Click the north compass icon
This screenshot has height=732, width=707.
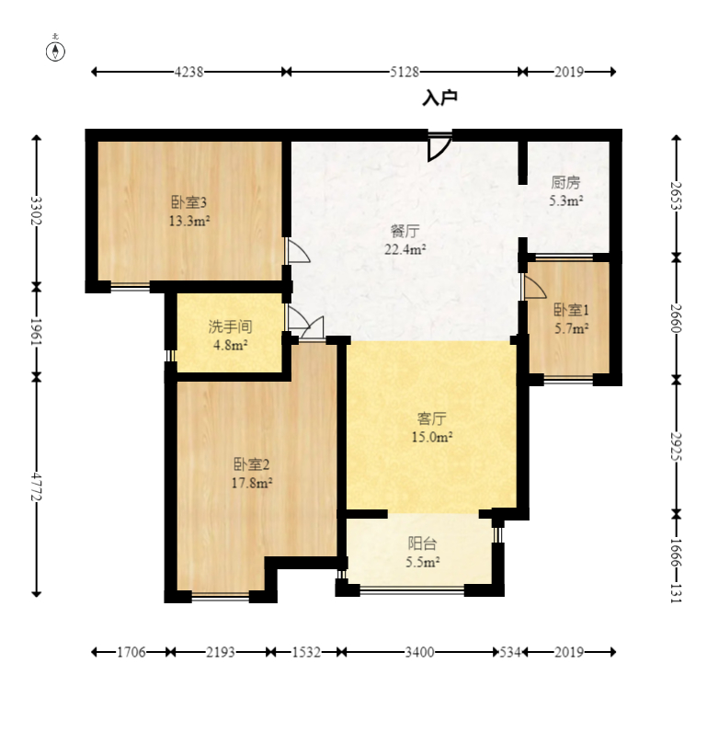pyautogui.click(x=55, y=51)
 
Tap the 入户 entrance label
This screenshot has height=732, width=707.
pyautogui.click(x=439, y=98)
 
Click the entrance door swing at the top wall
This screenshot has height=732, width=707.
pyautogui.click(x=439, y=147)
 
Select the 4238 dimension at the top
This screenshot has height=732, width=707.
pyautogui.click(x=188, y=72)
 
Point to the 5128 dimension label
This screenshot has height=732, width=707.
pyautogui.click(x=405, y=72)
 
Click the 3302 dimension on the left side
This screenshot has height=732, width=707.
pyautogui.click(x=37, y=211)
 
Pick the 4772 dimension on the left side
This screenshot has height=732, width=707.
pyautogui.click(x=37, y=487)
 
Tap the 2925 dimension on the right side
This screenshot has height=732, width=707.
pyautogui.click(x=676, y=446)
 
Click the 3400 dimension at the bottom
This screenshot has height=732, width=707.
pyautogui.click(x=419, y=652)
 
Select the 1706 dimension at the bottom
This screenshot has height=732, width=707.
pyautogui.click(x=131, y=652)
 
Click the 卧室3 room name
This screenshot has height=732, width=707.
pyautogui.click(x=189, y=202)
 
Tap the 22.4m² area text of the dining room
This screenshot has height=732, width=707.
pyautogui.click(x=405, y=249)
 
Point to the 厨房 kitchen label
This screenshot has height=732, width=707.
pyautogui.click(x=565, y=182)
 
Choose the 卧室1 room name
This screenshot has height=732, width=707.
pyautogui.click(x=571, y=310)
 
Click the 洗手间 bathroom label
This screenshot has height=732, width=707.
pyautogui.click(x=230, y=326)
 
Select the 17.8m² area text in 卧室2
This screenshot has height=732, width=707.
pyautogui.click(x=252, y=483)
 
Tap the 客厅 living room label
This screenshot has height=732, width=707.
pyautogui.click(x=432, y=418)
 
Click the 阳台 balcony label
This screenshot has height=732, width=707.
pyautogui.click(x=422, y=543)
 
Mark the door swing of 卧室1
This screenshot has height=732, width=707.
pyautogui.click(x=534, y=286)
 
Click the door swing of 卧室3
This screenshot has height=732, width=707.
pyautogui.click(x=297, y=250)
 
